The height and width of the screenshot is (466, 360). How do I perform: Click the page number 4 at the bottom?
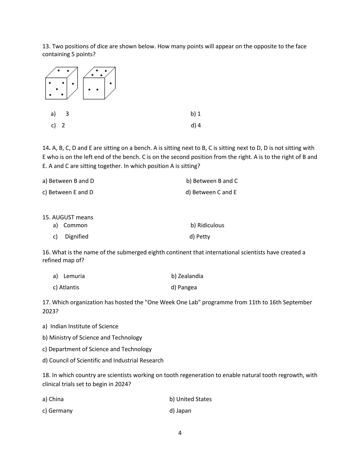(180, 433)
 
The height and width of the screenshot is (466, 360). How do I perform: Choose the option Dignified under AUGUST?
(76, 237)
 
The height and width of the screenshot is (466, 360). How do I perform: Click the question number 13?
(46, 46)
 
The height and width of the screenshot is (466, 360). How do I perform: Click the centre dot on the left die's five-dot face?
(57, 89)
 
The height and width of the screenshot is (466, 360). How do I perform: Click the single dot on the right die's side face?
(110, 83)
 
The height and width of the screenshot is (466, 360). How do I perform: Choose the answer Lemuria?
(74, 276)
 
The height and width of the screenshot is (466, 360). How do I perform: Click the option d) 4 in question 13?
(196, 125)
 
